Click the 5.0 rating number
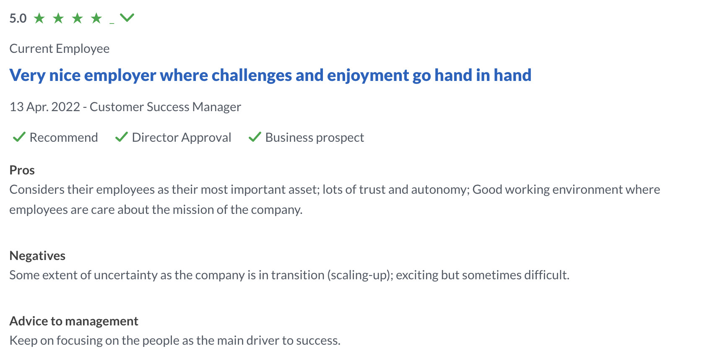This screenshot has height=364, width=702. pos(18,18)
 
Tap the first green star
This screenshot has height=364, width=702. pos(39,18)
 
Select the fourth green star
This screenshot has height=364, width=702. pos(96,18)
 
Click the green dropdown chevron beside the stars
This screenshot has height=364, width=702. pos(127,18)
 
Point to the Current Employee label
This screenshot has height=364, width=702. pos(60,49)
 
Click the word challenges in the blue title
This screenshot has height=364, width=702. pos(252,75)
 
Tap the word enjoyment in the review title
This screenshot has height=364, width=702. pos(368,75)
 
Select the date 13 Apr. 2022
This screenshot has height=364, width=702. pos(45,107)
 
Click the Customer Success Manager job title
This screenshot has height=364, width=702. pos(166,107)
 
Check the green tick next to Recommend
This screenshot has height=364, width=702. pos(19,137)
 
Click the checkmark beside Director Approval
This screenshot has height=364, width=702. pos(121,137)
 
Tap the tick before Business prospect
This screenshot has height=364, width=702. pos(255,137)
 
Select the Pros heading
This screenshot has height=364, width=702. pos(22,170)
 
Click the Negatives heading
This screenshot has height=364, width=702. pos(37,255)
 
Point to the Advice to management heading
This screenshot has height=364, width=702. pos(74,321)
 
